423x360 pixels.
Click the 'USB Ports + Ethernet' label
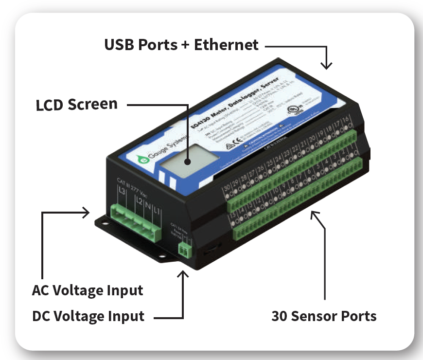point(181,45)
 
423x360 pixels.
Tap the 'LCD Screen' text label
point(77,104)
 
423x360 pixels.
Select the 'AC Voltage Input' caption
point(88,291)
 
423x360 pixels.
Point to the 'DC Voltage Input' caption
point(88,316)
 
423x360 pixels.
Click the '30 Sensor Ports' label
point(324,316)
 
